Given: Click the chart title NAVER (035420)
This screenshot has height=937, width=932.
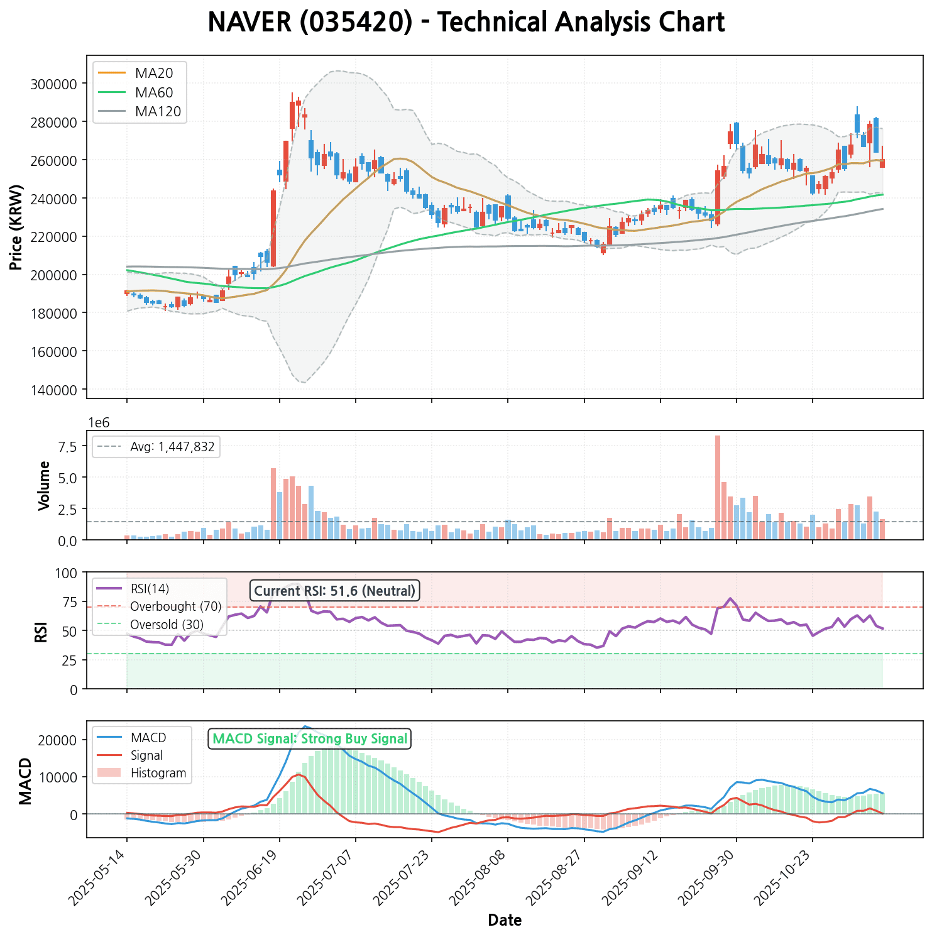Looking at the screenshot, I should (x=466, y=23).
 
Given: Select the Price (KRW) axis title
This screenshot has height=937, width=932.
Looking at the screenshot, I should (x=16, y=227).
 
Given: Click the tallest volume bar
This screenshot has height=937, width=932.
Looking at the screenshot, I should (x=718, y=487).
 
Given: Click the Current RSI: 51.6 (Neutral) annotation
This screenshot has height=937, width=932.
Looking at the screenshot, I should (x=335, y=591).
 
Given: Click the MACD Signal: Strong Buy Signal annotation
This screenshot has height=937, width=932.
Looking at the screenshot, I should (x=310, y=739).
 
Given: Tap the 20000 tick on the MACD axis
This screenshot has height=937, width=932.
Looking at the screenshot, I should (x=60, y=740).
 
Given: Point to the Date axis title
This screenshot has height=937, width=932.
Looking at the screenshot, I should (x=505, y=921).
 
